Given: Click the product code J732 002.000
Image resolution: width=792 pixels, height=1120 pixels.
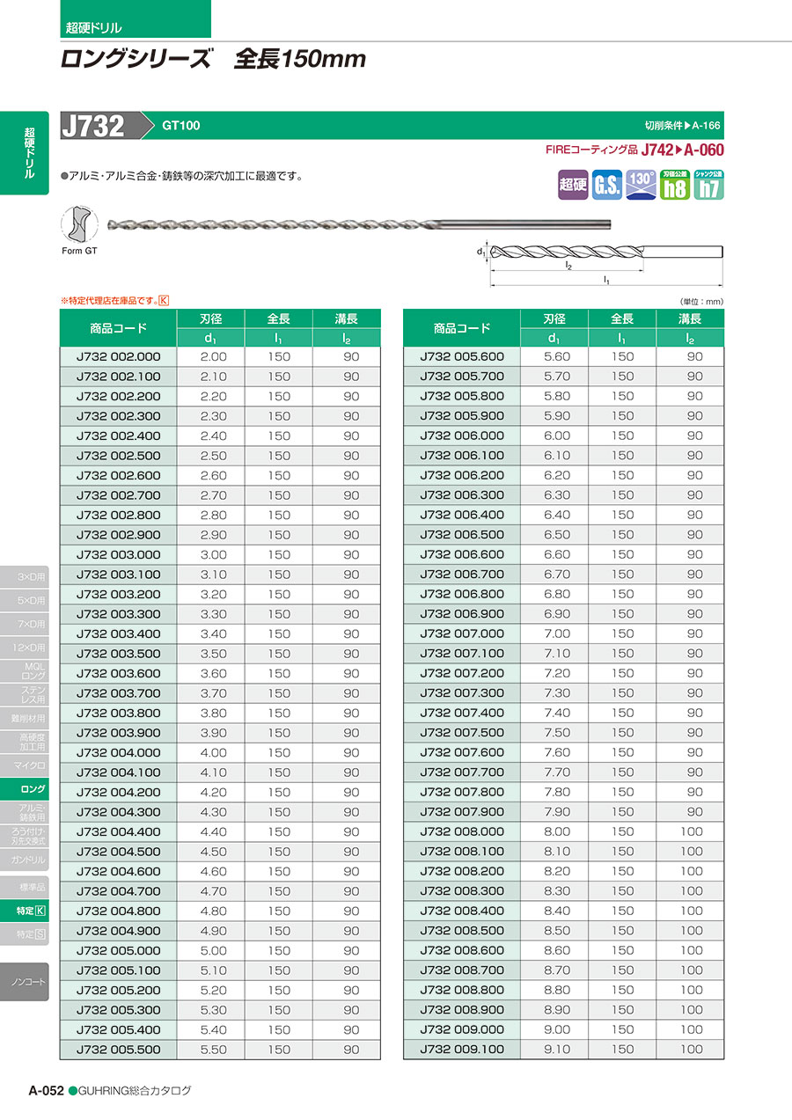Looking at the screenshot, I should (x=119, y=356).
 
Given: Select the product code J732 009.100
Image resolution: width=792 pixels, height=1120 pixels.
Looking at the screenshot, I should (x=462, y=1049).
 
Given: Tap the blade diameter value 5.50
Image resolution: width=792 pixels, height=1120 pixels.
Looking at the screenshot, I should (x=213, y=1049).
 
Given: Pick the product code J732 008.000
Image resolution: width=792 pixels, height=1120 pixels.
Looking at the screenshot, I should (x=462, y=831).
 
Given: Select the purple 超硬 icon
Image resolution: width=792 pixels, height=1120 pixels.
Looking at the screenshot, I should (x=573, y=185).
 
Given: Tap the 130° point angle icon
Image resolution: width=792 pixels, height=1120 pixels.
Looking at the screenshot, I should (x=641, y=185).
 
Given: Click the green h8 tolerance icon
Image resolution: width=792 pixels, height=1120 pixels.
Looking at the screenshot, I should (x=675, y=185).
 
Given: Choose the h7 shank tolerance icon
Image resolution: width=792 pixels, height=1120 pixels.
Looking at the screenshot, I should (x=708, y=185).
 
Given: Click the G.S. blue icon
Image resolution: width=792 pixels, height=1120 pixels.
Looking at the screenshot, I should (x=606, y=185).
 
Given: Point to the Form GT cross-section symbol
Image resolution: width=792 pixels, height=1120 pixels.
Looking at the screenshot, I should (x=79, y=225).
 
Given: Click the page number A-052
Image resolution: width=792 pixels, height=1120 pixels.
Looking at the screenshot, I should (x=46, y=1090).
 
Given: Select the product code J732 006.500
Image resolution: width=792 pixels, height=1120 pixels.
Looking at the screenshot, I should (x=462, y=534).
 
